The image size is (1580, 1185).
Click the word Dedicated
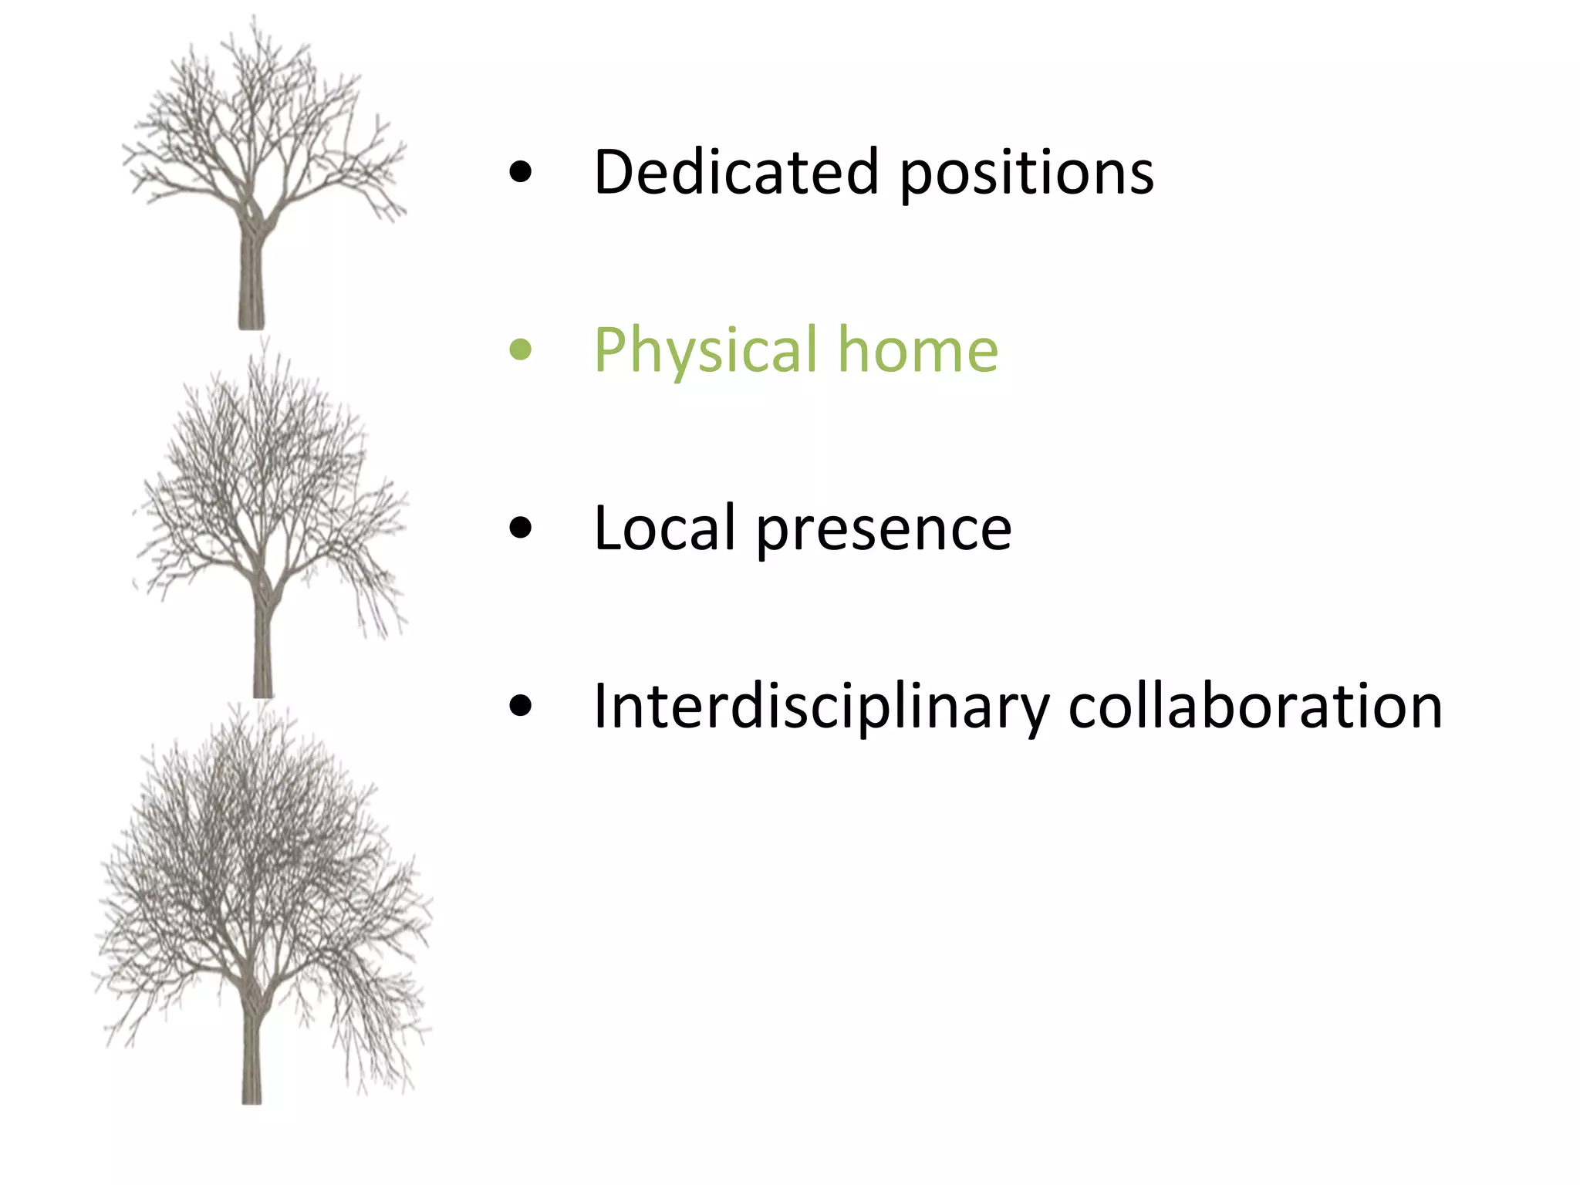coord(736,171)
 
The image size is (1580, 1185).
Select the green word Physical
coord(705,352)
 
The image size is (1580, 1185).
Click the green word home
coord(918,350)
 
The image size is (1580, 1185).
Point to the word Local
coord(664,528)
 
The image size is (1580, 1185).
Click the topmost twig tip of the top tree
coord(254,19)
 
